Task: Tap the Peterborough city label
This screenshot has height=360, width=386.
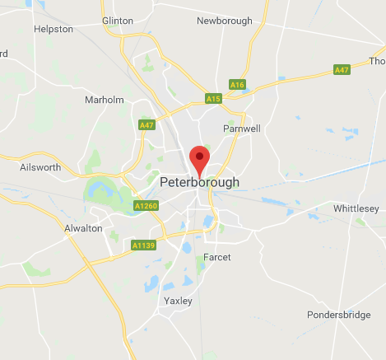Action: [x=200, y=182]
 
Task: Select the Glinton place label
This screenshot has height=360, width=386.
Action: [x=117, y=21]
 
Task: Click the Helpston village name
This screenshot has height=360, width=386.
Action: [x=53, y=29]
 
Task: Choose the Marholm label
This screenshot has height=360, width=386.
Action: [x=105, y=101]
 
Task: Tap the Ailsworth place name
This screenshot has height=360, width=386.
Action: [x=40, y=167]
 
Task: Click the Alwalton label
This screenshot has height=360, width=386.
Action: [x=83, y=228]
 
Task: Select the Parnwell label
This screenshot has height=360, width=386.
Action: [x=242, y=129]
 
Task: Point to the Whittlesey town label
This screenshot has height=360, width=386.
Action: [x=355, y=209]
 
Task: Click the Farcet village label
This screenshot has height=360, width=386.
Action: [x=217, y=257]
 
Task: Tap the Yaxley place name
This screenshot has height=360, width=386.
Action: [x=178, y=301]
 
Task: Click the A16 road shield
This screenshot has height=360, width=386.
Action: [x=238, y=84]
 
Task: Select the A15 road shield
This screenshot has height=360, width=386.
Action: [x=213, y=99]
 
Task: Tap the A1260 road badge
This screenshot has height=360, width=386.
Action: [x=145, y=205]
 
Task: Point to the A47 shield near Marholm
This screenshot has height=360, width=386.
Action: [x=146, y=125]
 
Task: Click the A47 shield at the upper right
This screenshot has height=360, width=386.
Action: [x=342, y=71]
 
